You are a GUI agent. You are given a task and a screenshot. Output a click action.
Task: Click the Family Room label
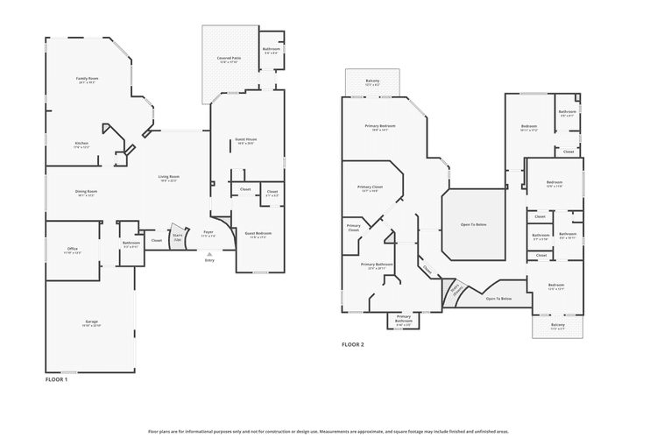coord(87,79)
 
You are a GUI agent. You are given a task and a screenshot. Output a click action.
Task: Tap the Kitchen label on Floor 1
coord(81,144)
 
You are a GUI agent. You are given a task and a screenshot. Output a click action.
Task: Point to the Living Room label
coord(168,178)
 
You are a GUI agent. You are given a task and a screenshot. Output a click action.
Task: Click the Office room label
coord(73,250)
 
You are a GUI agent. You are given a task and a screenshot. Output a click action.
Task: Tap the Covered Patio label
coord(230,59)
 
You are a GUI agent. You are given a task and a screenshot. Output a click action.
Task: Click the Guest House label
coord(245,140)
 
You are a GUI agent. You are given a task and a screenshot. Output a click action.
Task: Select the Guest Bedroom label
coord(258,234)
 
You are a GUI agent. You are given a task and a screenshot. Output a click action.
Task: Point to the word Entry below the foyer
coord(208,260)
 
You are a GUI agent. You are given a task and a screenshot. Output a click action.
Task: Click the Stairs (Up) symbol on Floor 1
coord(177,237)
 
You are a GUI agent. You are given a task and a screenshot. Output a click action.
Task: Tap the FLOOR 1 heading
coord(56,379)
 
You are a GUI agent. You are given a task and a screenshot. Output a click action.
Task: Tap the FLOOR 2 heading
coord(352,344)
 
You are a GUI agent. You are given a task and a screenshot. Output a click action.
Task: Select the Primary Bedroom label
coord(380,126)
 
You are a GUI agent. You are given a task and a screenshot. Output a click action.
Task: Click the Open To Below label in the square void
coord(473,224)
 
